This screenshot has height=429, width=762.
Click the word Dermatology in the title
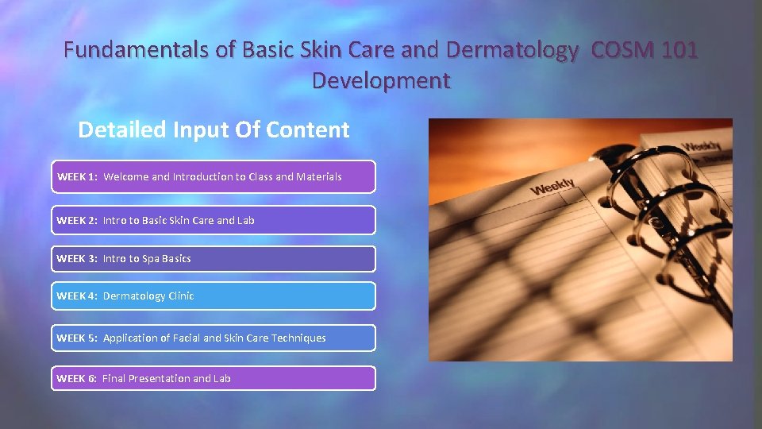point(512,51)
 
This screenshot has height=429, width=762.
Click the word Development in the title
point(381,81)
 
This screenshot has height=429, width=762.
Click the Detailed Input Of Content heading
point(214,130)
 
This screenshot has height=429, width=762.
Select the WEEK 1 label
point(77,177)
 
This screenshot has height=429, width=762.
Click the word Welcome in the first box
point(125,177)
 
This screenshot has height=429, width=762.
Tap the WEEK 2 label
point(77,221)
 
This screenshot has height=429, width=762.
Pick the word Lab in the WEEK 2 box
point(245,221)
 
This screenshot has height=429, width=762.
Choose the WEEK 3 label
point(77,259)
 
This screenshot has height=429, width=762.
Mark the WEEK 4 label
point(77,296)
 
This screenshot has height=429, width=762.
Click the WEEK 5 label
point(77,338)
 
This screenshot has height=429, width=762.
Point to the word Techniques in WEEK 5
point(298,338)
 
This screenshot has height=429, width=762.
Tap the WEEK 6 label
point(77,379)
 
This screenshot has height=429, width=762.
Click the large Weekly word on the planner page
point(552,187)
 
